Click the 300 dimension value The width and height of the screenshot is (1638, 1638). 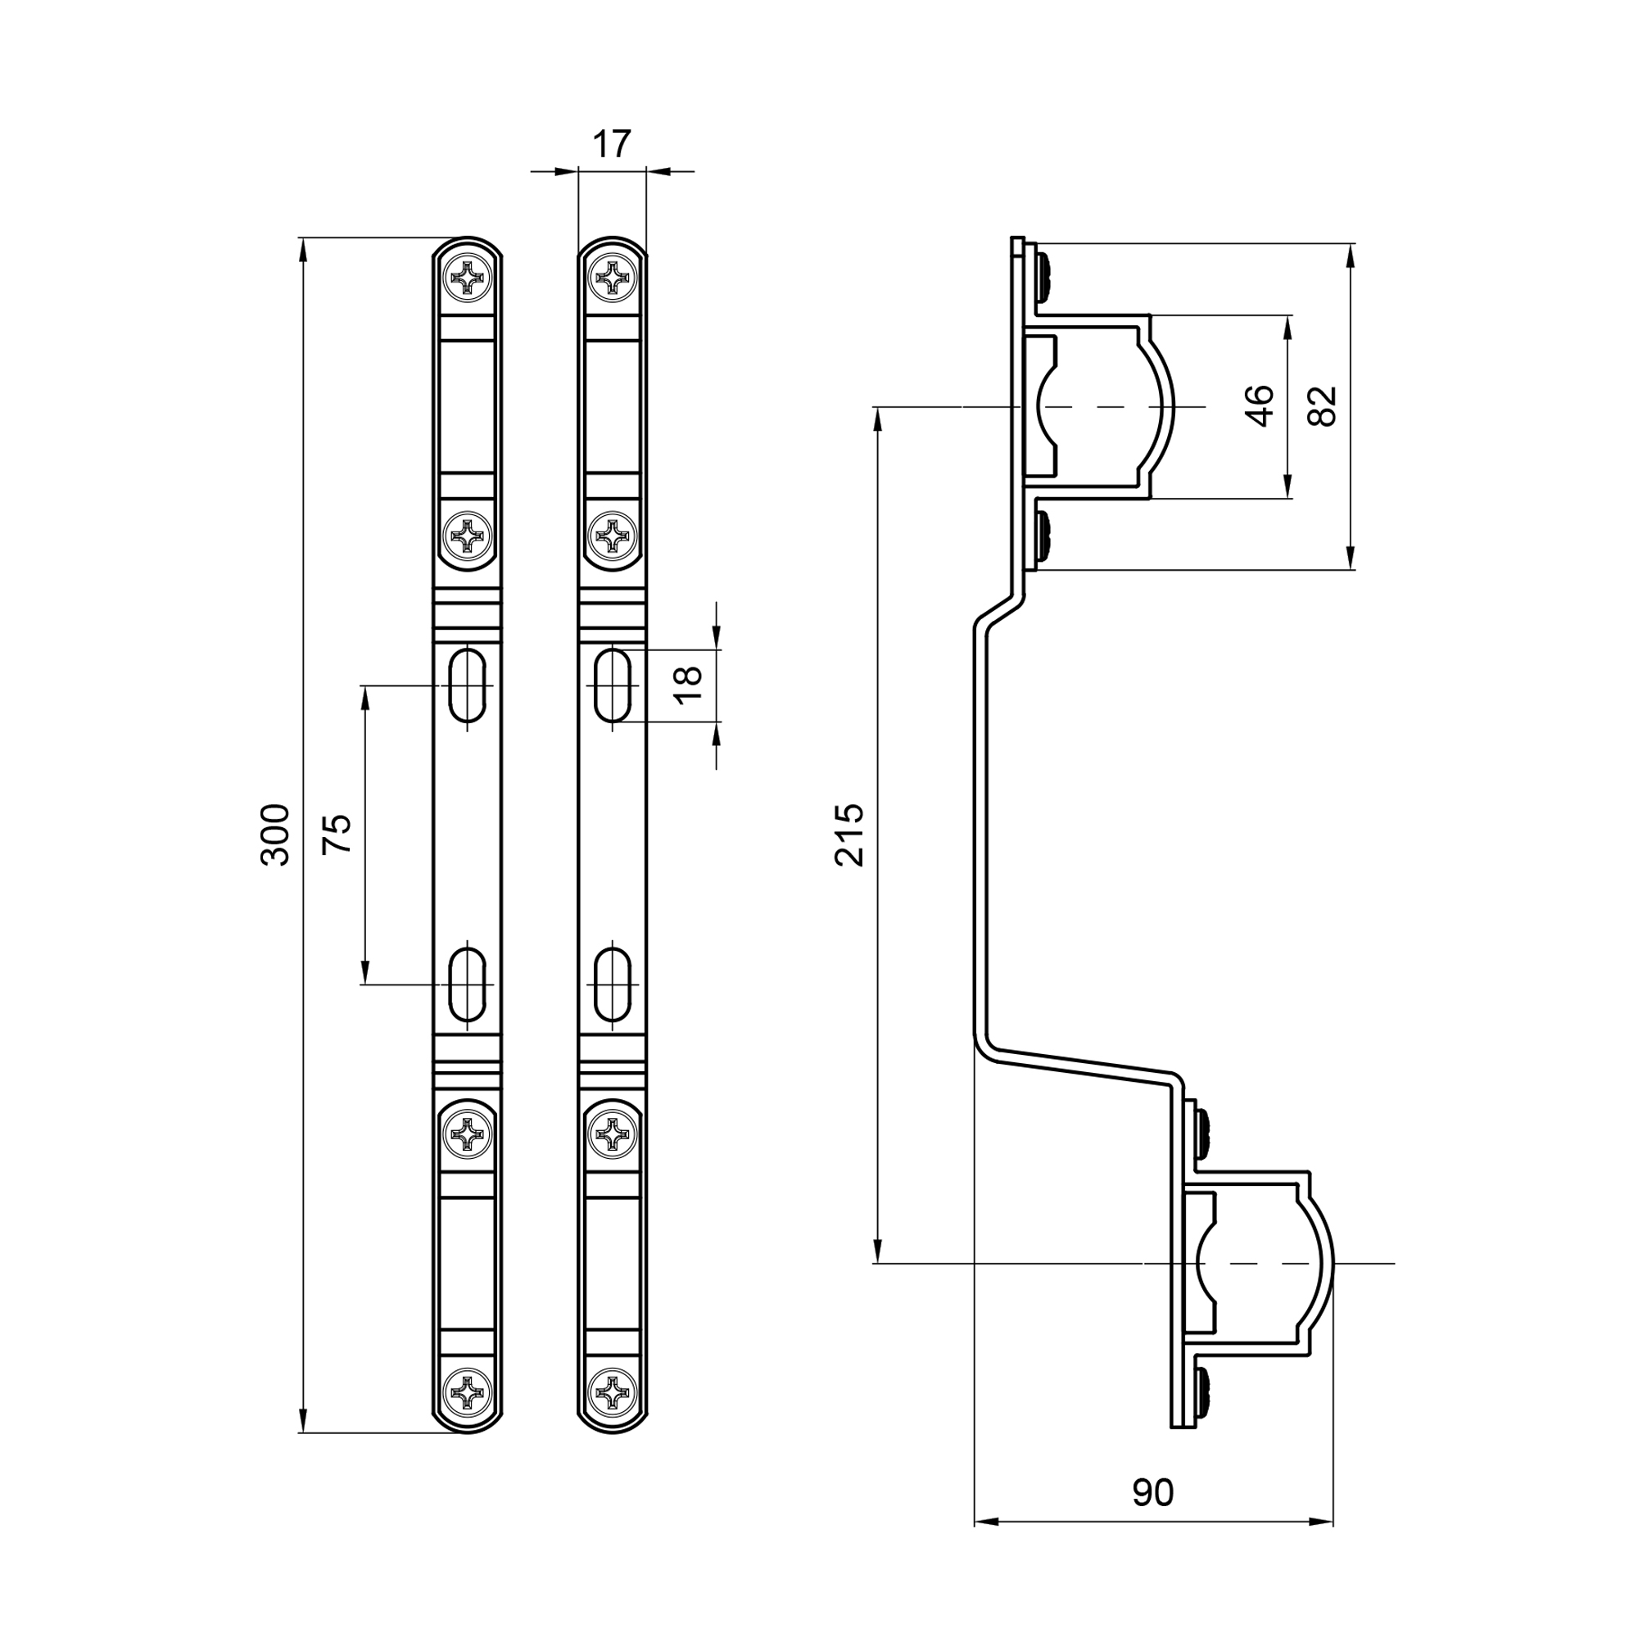click(x=274, y=835)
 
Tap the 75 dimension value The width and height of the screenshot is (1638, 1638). click(x=337, y=835)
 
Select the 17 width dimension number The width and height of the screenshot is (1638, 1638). click(x=611, y=145)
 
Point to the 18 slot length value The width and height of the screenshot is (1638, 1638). click(x=689, y=685)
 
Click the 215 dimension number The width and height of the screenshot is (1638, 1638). click(x=848, y=835)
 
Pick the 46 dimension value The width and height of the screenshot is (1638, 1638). click(x=1260, y=406)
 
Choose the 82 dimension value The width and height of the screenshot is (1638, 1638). click(x=1323, y=406)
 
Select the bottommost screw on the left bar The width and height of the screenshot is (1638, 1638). click(x=467, y=1392)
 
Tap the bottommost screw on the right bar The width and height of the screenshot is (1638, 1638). click(x=612, y=1392)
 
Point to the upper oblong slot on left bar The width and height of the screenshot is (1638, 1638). click(x=467, y=685)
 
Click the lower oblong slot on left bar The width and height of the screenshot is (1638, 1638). click(x=467, y=984)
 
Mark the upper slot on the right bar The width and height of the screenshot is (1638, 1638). click(x=612, y=685)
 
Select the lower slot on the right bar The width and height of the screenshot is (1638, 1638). click(x=612, y=984)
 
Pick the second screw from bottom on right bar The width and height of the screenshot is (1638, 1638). click(x=612, y=1134)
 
